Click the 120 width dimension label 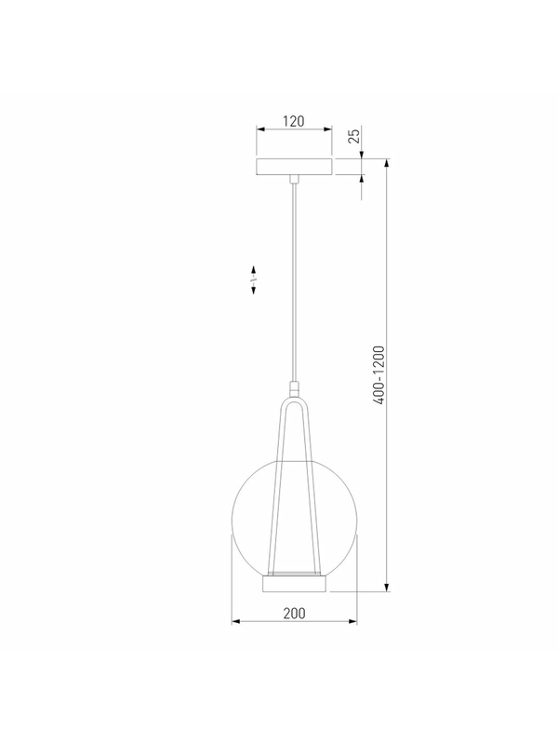click(x=294, y=121)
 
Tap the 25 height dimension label click(x=354, y=136)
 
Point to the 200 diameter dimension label click(x=294, y=614)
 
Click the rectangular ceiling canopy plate click(x=294, y=167)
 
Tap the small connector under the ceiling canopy click(x=294, y=179)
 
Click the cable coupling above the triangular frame click(x=294, y=387)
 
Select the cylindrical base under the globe click(x=295, y=584)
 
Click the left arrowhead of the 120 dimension click(x=260, y=129)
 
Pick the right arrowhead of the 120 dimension click(x=328, y=129)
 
